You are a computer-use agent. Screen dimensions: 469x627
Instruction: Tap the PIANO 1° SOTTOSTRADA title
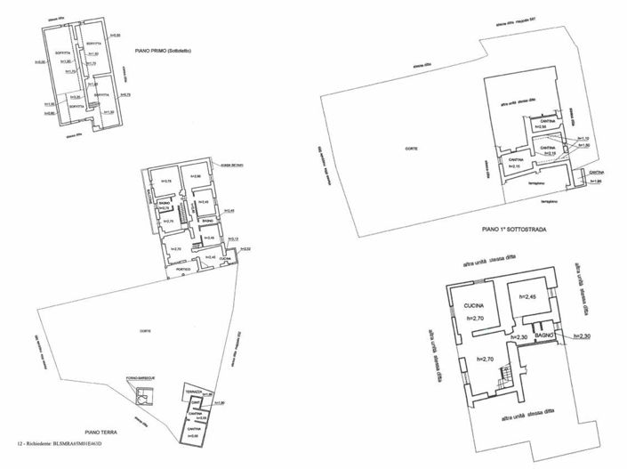tap(513, 229)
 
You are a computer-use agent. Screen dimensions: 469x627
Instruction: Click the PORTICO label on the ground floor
tap(183, 269)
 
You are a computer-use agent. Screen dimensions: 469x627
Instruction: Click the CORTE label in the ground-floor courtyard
tap(144, 332)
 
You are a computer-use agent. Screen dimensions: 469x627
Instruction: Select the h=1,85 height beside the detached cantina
tap(596, 181)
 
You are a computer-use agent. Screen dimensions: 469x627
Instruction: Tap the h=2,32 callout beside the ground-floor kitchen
tap(245, 248)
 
